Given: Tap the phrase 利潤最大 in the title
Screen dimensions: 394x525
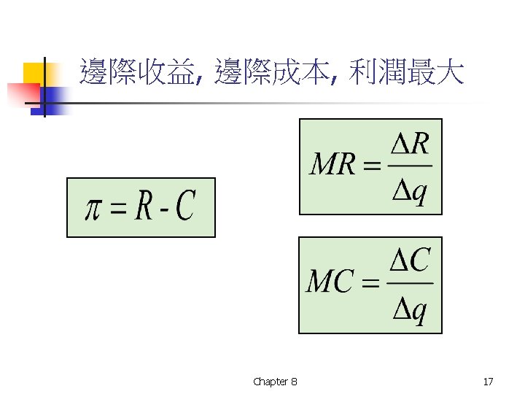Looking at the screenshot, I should point(406,74).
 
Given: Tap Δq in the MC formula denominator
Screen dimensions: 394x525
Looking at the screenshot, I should point(410,311).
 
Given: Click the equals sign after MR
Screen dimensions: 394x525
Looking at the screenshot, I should point(371,167).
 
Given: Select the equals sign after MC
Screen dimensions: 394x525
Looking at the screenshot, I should point(371,283).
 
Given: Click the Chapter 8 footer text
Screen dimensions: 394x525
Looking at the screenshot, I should point(275,382).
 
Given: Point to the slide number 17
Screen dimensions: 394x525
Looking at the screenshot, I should point(488,382).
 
